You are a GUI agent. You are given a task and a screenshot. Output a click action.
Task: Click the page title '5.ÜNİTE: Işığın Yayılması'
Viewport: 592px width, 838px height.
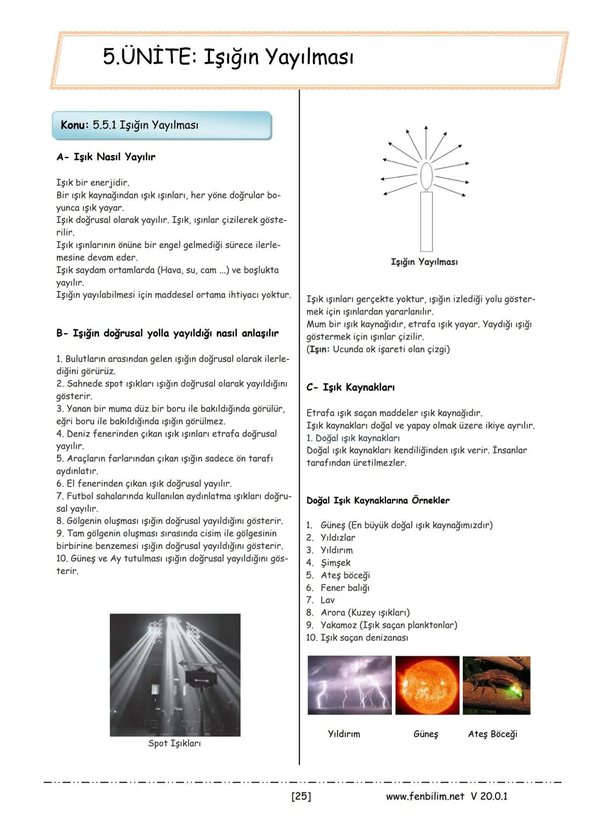pyautogui.click(x=228, y=57)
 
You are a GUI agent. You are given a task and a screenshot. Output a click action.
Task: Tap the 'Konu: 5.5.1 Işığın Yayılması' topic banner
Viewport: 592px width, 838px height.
pyautogui.click(x=161, y=125)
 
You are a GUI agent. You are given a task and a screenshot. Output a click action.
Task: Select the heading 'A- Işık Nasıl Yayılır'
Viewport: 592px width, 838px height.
pyautogui.click(x=106, y=157)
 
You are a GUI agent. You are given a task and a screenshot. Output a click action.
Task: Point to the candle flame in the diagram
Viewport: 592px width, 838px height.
pyautogui.click(x=426, y=174)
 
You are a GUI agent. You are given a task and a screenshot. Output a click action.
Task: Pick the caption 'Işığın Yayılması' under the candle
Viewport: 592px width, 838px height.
pyautogui.click(x=424, y=262)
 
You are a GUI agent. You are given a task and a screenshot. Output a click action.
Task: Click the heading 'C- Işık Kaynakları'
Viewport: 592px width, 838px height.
pyautogui.click(x=350, y=387)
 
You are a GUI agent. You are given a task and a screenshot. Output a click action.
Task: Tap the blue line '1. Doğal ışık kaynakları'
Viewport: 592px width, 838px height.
pyautogui.click(x=353, y=438)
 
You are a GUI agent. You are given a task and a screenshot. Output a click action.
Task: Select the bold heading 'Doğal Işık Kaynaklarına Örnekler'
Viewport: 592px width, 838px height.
pyautogui.click(x=378, y=500)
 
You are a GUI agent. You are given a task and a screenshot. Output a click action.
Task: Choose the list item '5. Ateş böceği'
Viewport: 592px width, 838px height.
pyautogui.click(x=338, y=575)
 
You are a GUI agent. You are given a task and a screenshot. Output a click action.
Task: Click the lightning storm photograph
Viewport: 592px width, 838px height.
pyautogui.click(x=350, y=685)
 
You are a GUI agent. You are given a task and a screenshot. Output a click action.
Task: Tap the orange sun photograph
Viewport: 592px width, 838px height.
pyautogui.click(x=427, y=685)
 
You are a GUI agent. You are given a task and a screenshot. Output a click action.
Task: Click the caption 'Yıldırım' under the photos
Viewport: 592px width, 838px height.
pyautogui.click(x=344, y=734)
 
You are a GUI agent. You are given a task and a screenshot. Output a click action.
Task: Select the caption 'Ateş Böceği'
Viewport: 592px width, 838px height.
pyautogui.click(x=492, y=734)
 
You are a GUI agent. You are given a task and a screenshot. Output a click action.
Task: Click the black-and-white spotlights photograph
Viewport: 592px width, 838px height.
pyautogui.click(x=175, y=674)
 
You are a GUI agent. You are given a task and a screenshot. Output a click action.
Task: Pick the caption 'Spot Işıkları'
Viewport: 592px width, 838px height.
pyautogui.click(x=174, y=743)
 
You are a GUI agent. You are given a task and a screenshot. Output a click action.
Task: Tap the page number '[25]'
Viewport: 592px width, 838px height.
pyautogui.click(x=301, y=796)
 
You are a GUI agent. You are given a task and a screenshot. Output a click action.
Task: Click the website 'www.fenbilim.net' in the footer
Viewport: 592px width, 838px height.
pyautogui.click(x=425, y=796)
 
